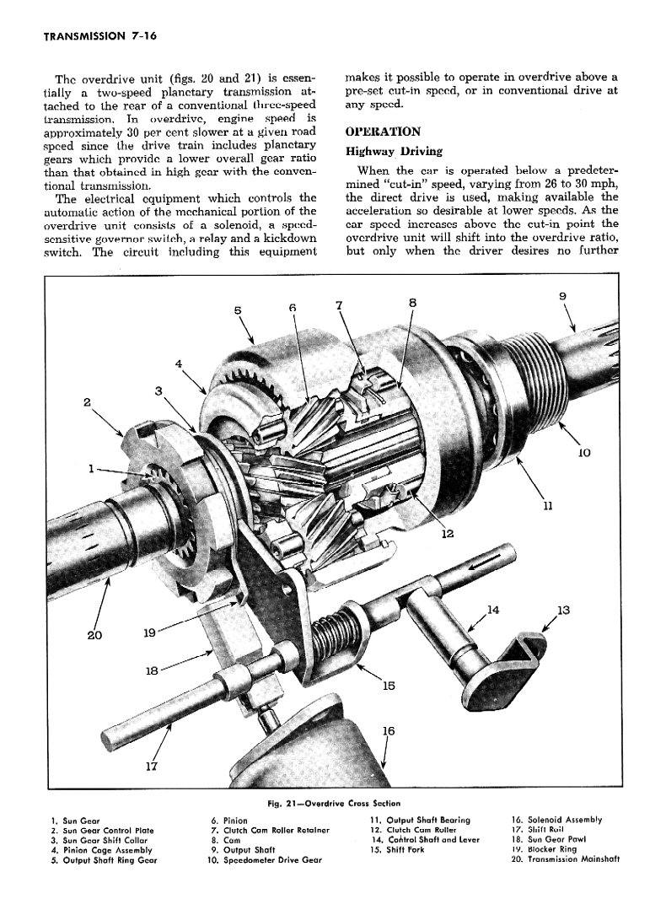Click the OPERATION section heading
383,132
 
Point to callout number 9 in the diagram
562,295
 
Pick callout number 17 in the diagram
152,766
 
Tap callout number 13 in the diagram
563,611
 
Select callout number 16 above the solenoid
388,731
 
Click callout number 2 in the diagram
88,402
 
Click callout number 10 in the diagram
583,453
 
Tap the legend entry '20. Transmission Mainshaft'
566,860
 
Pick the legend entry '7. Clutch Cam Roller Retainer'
270,830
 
